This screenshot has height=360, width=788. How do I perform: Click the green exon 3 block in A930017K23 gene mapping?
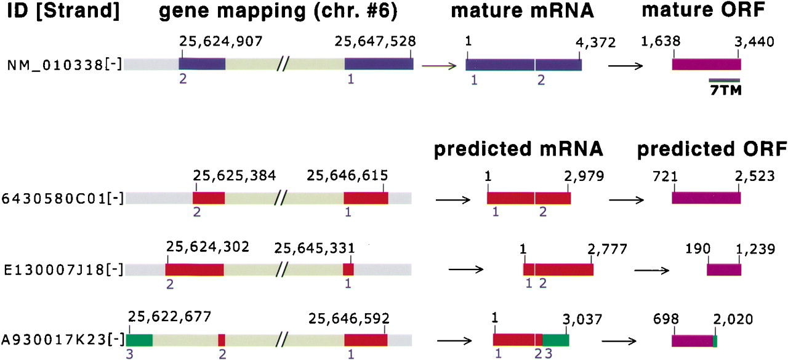[x=139, y=340]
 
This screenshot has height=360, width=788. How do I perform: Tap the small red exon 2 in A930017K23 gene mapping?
[x=222, y=340]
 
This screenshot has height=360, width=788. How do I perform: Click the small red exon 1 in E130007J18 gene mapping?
[x=348, y=270]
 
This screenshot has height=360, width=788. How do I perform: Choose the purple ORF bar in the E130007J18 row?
[x=724, y=270]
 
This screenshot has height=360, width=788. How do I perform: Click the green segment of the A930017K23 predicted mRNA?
[x=556, y=340]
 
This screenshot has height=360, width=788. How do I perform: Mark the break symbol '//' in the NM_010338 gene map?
[x=284, y=64]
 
